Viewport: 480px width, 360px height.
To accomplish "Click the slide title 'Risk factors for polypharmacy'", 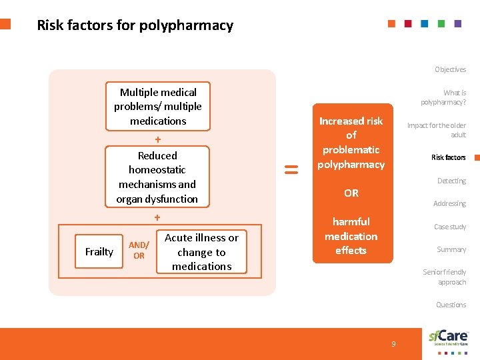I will pos(135,25).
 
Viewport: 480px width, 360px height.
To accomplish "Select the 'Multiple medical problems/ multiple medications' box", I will pos(158,107).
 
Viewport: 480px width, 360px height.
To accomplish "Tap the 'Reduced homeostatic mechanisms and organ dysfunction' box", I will pos(157,177).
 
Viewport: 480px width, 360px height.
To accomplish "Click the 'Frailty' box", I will pos(99,251).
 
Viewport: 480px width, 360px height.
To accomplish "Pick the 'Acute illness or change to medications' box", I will pos(201,252).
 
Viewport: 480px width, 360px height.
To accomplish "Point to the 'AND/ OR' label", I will pos(139,251).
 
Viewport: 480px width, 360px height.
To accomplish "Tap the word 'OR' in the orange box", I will pos(351,193).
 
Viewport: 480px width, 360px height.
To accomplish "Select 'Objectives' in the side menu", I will pos(451,69).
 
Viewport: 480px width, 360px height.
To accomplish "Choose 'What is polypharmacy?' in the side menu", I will pos(443,97).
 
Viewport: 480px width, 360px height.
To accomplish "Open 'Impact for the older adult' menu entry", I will pos(437,130).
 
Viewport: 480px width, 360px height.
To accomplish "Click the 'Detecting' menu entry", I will pos(451,181).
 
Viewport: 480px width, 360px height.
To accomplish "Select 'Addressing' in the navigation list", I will pos(449,203).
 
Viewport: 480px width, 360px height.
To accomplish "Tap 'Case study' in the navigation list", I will pos(450,227).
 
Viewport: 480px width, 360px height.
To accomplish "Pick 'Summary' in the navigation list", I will pos(451,249).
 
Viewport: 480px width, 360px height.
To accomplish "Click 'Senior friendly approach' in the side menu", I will pos(445,277).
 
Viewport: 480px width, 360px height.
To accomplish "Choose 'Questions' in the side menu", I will pos(451,305).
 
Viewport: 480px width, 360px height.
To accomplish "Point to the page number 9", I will pos(393,344).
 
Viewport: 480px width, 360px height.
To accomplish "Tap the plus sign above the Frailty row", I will pos(157,217).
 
